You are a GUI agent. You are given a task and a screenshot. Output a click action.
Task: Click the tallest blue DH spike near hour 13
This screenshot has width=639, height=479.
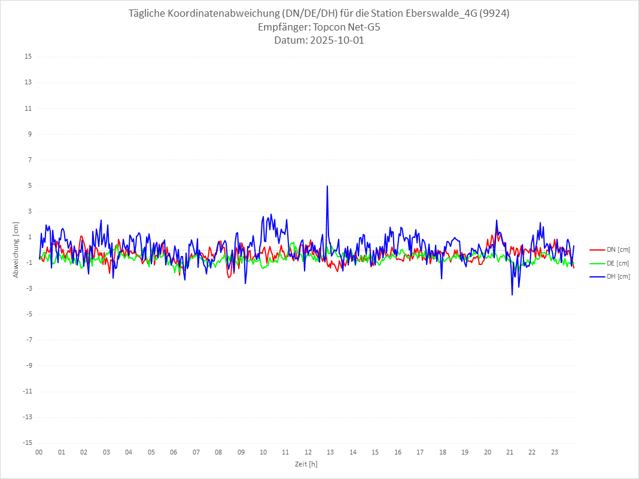(x=327, y=186)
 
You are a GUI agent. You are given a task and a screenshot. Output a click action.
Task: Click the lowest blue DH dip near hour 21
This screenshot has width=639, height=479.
(x=512, y=294)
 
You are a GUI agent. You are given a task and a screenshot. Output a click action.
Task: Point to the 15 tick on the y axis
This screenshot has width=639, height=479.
(x=28, y=57)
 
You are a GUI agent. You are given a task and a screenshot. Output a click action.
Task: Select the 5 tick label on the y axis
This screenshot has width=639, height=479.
(x=29, y=185)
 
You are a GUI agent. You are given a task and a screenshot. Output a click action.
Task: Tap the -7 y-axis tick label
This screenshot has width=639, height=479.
(x=28, y=340)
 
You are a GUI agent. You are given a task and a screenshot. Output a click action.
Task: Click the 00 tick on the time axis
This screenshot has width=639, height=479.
(x=39, y=452)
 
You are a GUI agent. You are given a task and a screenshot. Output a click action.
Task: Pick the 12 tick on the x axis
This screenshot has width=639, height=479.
(x=308, y=452)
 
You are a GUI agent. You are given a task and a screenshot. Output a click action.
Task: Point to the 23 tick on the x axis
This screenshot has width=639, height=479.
(x=555, y=452)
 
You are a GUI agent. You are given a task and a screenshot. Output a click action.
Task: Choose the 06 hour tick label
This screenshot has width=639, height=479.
(x=174, y=452)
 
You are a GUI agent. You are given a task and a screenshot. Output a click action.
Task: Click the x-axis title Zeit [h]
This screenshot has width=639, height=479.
(x=306, y=463)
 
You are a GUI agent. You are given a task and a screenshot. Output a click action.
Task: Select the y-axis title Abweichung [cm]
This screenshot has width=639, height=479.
(x=16, y=249)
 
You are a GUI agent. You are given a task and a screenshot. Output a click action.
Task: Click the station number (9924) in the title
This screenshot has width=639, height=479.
(x=494, y=14)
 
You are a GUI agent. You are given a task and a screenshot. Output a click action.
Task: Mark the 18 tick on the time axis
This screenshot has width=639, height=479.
(x=443, y=452)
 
